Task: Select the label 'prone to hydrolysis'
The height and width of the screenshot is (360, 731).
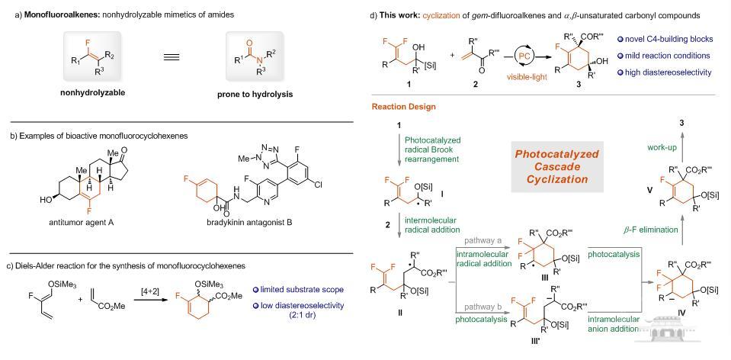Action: [x=264, y=94]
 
